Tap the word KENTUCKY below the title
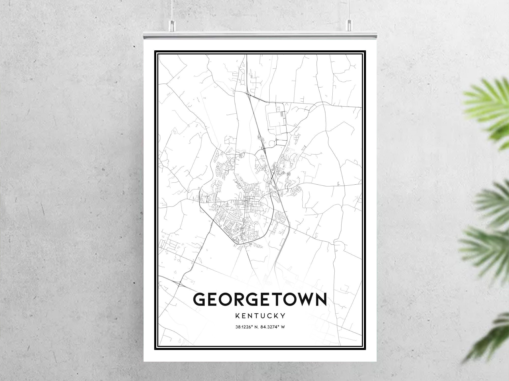pyautogui.click(x=260, y=316)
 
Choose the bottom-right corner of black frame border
pyautogui.click(x=365, y=349)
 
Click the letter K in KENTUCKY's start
pyautogui.click(x=238, y=316)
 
